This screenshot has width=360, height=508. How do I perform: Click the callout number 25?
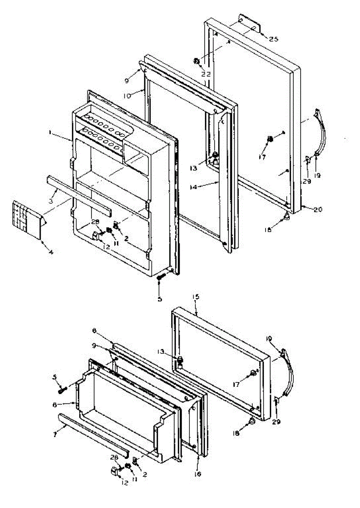(274, 39)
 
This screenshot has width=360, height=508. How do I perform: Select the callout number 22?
(206, 74)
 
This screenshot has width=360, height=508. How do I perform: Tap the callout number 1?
(50, 133)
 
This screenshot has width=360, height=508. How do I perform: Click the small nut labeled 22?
(197, 61)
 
